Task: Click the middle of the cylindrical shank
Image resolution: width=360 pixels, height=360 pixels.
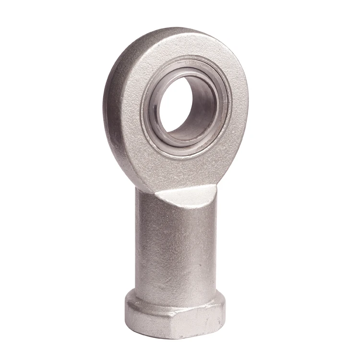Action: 175,245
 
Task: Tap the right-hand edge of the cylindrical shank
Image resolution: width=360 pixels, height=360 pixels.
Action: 215,240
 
